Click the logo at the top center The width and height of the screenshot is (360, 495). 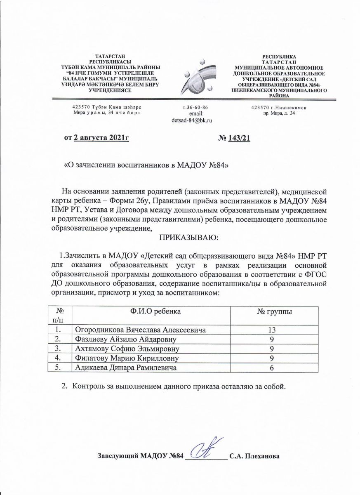tap(199, 76)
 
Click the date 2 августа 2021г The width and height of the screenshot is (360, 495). tap(101, 137)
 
